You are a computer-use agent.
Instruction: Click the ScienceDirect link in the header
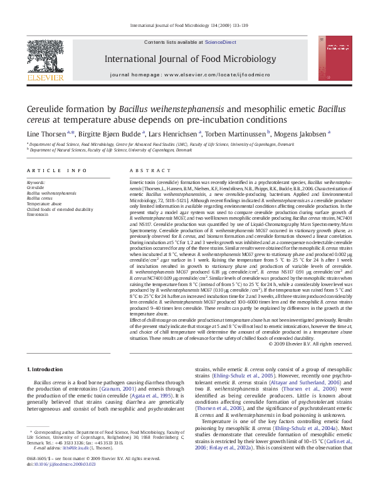coord(221,41)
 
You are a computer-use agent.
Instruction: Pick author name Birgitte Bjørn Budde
coord(111,133)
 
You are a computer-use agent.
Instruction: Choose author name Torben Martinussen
coord(236,133)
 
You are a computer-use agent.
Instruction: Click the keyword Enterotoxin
coord(38,214)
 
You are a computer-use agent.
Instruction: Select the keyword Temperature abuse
coord(44,203)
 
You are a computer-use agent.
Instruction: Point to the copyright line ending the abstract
coord(310,343)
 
